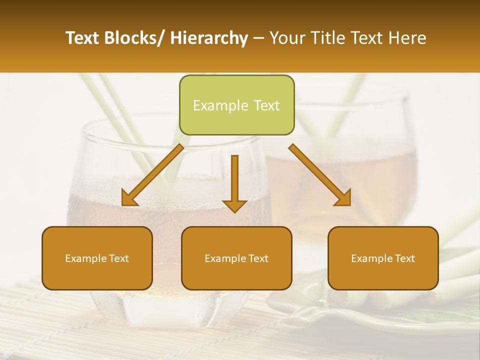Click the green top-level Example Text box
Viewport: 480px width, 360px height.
[236, 105]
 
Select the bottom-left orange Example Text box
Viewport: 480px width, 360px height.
[97, 258]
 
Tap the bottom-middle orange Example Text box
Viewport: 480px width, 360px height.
[236, 258]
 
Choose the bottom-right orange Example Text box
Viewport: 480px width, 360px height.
[383, 258]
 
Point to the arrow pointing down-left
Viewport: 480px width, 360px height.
[153, 175]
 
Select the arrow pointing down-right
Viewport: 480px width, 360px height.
[320, 175]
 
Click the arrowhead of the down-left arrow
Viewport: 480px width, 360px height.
[129, 198]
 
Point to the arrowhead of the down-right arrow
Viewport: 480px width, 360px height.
[343, 198]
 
